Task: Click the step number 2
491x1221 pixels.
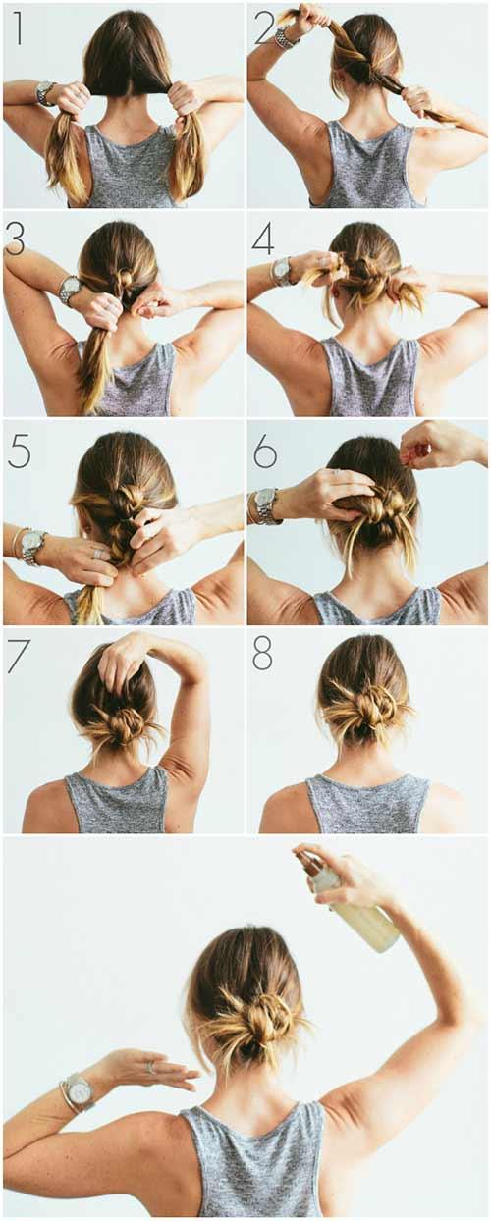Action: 263,27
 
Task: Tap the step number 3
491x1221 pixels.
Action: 16,239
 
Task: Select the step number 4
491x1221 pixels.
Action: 262,239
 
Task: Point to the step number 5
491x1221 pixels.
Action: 19,450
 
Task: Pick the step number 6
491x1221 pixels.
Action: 265,450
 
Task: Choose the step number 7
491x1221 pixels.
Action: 18,656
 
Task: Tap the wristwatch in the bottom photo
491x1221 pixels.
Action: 78,1091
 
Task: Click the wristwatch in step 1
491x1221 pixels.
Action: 45,93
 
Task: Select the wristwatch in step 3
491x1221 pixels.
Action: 70,289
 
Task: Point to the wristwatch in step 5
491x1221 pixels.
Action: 32,545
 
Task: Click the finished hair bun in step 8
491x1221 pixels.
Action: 375,706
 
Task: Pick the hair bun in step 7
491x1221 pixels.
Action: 122,724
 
